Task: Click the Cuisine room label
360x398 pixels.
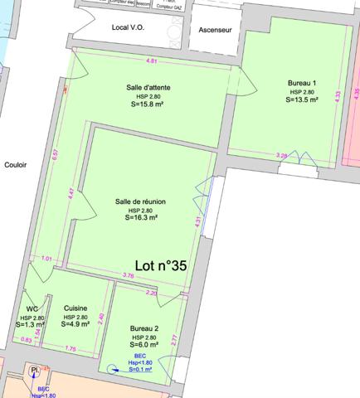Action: pos(75,308)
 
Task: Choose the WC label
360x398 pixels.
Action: pos(32,308)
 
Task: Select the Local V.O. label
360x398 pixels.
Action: pos(128,27)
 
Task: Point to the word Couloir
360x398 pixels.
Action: pos(16,164)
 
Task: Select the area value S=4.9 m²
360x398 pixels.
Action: pos(75,324)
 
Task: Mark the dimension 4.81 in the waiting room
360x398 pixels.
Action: pos(152,62)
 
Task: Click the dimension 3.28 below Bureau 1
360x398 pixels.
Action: pos(281,155)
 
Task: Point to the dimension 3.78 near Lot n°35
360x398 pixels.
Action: pos(128,274)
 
